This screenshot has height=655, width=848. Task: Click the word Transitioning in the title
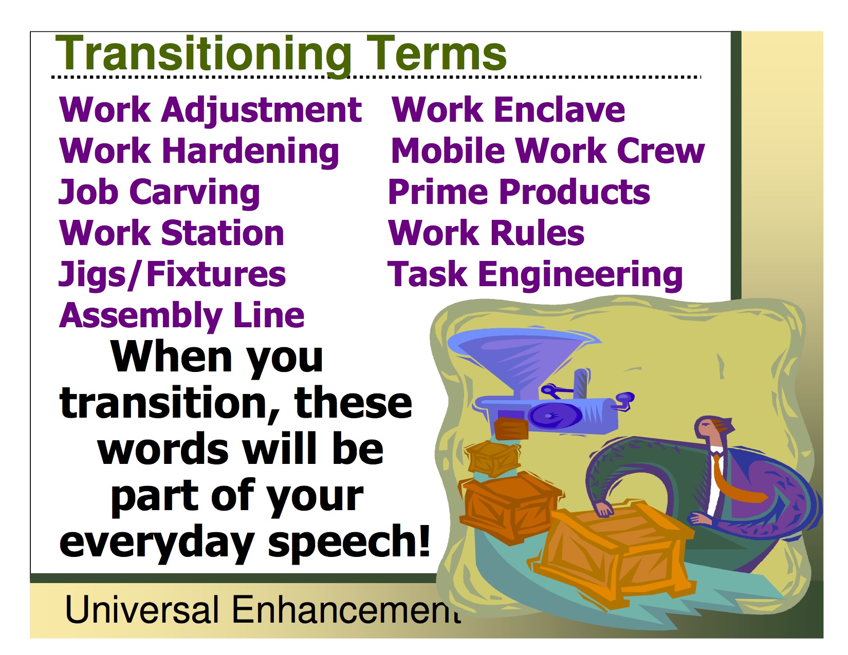pyautogui.click(x=203, y=54)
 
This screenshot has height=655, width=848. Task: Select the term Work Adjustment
pyautogui.click(x=210, y=110)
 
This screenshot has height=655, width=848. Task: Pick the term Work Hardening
pyautogui.click(x=199, y=152)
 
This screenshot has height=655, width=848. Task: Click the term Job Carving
pyautogui.click(x=159, y=193)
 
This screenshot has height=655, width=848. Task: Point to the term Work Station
pyautogui.click(x=172, y=233)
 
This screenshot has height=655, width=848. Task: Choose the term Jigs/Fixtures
pyautogui.click(x=172, y=275)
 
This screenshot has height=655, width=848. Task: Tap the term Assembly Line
pyautogui.click(x=181, y=316)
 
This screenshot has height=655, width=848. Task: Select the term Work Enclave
pyautogui.click(x=508, y=109)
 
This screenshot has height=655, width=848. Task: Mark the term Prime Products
pyautogui.click(x=519, y=192)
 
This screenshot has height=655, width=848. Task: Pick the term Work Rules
pyautogui.click(x=486, y=233)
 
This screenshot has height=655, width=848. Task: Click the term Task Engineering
pyautogui.click(x=535, y=275)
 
